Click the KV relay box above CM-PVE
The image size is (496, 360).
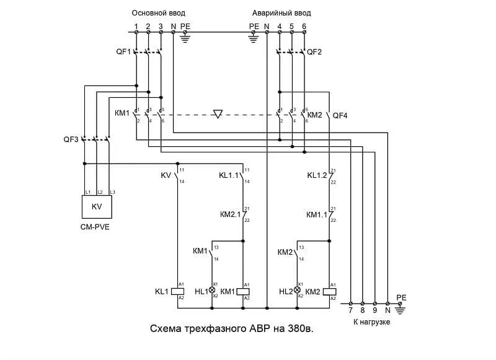tap(96, 206)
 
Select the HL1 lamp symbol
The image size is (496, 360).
tap(212, 290)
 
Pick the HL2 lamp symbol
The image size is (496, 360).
tap(297, 290)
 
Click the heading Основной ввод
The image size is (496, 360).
tap(158, 12)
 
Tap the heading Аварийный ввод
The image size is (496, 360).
tap(281, 12)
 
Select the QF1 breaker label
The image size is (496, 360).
tap(123, 52)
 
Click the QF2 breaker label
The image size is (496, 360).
tap(315, 52)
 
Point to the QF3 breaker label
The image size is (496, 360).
tap(71, 139)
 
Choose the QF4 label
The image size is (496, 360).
tap(341, 115)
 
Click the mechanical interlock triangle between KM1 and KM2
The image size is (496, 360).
tap(217, 114)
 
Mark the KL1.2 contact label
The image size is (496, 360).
tap(317, 175)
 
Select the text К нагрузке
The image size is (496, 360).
tap(372, 322)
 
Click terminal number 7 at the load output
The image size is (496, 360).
tap(351, 310)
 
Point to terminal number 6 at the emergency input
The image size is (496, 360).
tap(304, 27)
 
